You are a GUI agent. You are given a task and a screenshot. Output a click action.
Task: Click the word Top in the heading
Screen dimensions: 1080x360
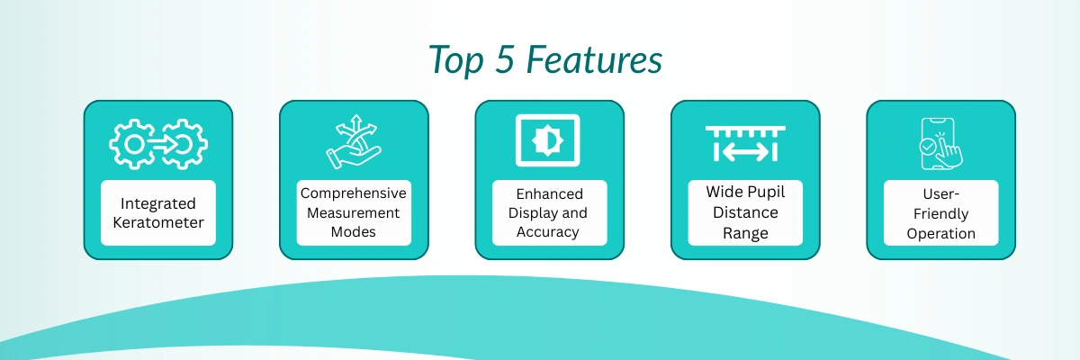(x=455, y=60)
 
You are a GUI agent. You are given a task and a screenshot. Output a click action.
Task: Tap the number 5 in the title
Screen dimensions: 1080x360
(x=504, y=59)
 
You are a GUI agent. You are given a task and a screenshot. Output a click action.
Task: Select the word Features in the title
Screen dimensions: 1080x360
(x=594, y=59)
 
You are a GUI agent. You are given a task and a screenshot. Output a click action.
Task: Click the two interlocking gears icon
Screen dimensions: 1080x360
(x=158, y=144)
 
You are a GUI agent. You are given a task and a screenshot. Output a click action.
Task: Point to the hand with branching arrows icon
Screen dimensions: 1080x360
(x=354, y=141)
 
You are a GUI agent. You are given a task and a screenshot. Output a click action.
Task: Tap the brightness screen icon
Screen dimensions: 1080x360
(x=548, y=140)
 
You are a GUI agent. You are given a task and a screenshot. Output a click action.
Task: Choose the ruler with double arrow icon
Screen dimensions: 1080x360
(x=745, y=144)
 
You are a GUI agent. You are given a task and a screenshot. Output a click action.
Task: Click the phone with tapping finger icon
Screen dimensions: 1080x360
(x=940, y=144)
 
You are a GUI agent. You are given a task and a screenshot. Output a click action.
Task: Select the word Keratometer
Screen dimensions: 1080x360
(x=158, y=222)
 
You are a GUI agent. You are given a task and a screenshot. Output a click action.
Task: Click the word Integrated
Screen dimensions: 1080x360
(x=158, y=204)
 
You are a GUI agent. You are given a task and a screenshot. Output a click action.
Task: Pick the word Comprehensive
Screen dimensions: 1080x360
(x=354, y=193)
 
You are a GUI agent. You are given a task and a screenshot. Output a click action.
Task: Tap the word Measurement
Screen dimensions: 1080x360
(x=354, y=213)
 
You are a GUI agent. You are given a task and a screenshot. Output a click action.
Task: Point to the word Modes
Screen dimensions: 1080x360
(x=354, y=232)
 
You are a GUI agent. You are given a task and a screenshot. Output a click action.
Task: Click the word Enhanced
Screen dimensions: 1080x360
(x=549, y=194)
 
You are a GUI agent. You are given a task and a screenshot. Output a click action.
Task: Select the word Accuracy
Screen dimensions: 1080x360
(x=548, y=232)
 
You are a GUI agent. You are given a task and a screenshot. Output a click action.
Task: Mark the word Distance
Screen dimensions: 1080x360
(x=745, y=212)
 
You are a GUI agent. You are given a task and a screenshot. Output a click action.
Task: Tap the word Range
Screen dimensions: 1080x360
(x=745, y=234)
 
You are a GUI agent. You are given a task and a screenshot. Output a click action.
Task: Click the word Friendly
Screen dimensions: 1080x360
(x=940, y=214)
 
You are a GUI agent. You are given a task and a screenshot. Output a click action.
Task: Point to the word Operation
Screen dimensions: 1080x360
(x=940, y=234)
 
